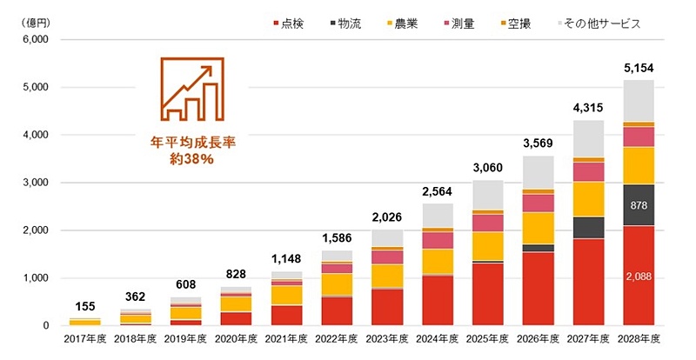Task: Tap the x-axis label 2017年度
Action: tap(85, 338)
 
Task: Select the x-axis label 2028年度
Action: tap(639, 338)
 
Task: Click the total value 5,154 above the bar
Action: tap(639, 68)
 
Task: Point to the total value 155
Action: tap(85, 307)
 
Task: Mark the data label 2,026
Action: tap(387, 217)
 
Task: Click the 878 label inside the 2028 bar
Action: tap(639, 206)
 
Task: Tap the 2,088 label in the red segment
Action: tap(639, 277)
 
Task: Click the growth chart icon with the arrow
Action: tap(184, 89)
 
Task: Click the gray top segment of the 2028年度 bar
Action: tap(639, 100)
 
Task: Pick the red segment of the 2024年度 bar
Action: tap(438, 300)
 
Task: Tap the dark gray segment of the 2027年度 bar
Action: tap(588, 227)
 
